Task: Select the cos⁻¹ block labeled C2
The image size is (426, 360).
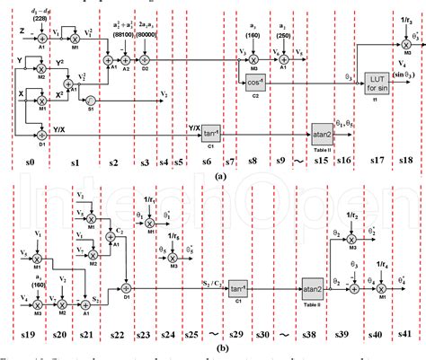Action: [x=253, y=83]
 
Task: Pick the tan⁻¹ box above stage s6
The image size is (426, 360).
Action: [x=212, y=131]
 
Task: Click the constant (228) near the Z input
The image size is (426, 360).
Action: [x=40, y=18]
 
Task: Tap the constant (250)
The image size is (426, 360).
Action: [x=283, y=38]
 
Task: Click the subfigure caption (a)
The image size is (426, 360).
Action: [x=219, y=175]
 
